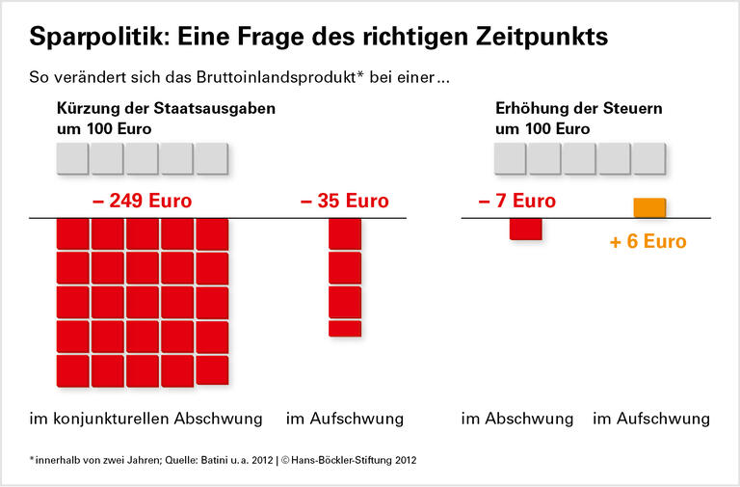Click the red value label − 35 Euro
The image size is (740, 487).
[x=345, y=202]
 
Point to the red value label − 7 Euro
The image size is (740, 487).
[x=516, y=202]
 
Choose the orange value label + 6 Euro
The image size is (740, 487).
[x=648, y=241]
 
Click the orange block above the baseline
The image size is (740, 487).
[x=649, y=207]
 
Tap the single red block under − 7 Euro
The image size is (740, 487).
[x=525, y=229]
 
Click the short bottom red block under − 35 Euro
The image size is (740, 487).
[x=345, y=328]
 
